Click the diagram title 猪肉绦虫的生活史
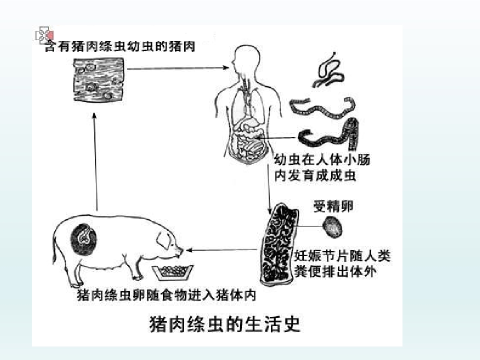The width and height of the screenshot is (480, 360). pyautogui.click(x=224, y=324)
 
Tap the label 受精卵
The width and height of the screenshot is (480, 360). pyautogui.click(x=333, y=206)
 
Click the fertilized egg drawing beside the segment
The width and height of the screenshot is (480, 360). pyautogui.click(x=332, y=227)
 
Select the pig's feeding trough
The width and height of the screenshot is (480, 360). pyautogui.click(x=173, y=272)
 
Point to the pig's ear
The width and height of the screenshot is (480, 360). pyautogui.click(x=164, y=239)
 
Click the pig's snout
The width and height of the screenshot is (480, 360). pyautogui.click(x=179, y=252)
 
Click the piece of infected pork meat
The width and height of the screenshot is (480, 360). pyautogui.click(x=99, y=79)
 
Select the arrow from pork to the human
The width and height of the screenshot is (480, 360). pyautogui.click(x=177, y=68)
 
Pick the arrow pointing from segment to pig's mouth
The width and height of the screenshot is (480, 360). pyautogui.click(x=221, y=250)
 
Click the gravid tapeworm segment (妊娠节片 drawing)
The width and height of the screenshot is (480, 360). pyautogui.click(x=278, y=244)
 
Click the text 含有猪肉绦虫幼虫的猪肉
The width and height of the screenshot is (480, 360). pyautogui.click(x=120, y=46)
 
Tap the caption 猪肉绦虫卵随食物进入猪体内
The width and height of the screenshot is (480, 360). pyautogui.click(x=166, y=295)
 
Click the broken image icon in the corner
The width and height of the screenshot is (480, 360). pyautogui.click(x=44, y=35)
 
